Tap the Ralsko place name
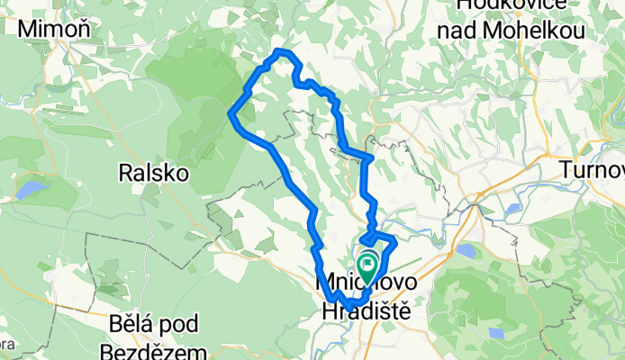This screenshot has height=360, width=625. (153, 172)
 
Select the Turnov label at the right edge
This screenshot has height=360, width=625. (592, 169)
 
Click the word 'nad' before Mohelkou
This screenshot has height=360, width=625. (456, 31)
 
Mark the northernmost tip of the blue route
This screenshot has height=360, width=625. (282, 50)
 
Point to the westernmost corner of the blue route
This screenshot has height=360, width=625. (231, 113)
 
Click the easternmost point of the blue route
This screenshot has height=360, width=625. (394, 240)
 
